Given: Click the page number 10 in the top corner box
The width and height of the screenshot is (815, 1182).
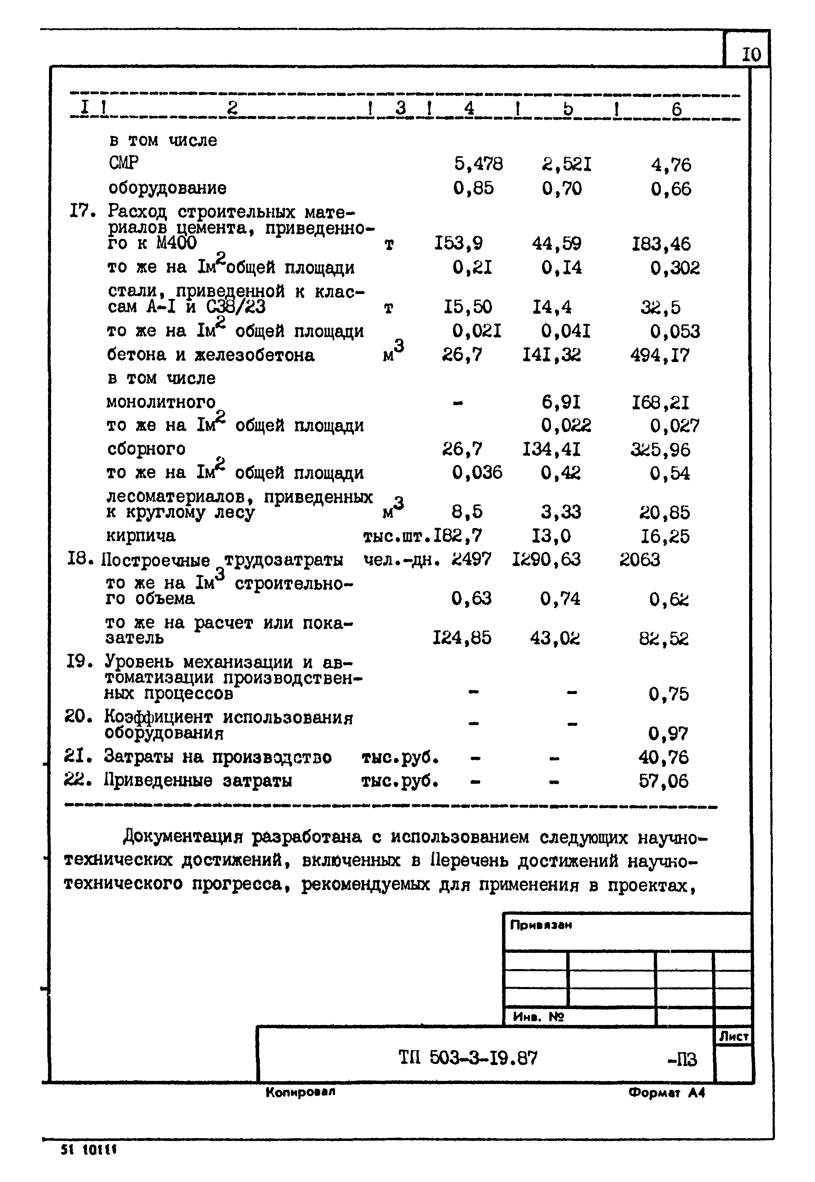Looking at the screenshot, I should click(x=751, y=54).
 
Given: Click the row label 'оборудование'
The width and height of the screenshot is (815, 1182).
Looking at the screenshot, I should click(x=167, y=188).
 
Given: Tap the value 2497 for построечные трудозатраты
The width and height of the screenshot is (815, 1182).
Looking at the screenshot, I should click(x=471, y=560).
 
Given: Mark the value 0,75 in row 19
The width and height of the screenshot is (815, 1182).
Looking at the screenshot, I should click(x=668, y=694).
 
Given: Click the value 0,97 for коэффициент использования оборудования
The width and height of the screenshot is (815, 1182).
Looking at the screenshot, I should click(x=668, y=734).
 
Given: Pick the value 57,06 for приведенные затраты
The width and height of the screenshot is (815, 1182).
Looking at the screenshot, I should click(x=663, y=781).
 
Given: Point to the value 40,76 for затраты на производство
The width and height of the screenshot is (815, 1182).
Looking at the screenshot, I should click(x=663, y=757).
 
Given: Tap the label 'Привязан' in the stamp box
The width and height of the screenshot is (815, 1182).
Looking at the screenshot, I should click(x=541, y=925).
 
